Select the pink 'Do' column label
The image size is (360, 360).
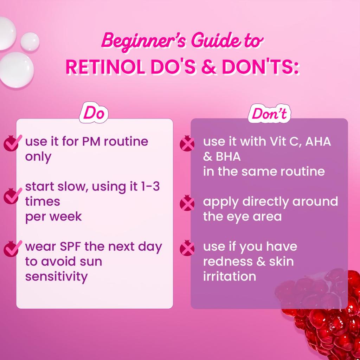[93, 114]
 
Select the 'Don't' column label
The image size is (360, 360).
[269, 114]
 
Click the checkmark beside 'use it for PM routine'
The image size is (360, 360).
[11, 143]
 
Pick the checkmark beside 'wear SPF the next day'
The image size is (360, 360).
[11, 249]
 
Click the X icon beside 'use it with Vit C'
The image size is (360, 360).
[187, 143]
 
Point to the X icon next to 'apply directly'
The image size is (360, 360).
[187, 203]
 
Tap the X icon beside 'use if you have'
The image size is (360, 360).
[187, 249]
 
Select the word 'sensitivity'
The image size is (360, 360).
[56, 276]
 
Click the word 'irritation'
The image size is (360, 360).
[229, 276]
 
